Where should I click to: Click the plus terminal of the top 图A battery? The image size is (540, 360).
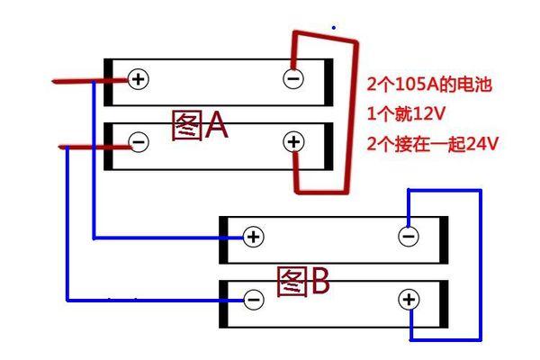(x=138, y=79)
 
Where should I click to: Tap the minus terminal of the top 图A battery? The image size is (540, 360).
(x=293, y=79)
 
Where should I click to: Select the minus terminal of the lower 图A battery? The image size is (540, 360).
(x=138, y=141)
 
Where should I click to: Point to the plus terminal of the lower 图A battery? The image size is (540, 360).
(x=293, y=141)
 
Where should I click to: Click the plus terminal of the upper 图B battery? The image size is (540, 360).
(x=254, y=237)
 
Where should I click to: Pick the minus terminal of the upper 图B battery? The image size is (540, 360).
(x=408, y=237)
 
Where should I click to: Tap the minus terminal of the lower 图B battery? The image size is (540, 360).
(x=254, y=299)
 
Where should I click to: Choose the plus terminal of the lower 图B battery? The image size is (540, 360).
(x=409, y=299)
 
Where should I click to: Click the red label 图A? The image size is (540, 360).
(x=200, y=127)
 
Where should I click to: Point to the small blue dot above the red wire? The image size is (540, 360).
(x=334, y=28)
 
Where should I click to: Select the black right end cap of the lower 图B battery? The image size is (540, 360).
(x=444, y=304)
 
